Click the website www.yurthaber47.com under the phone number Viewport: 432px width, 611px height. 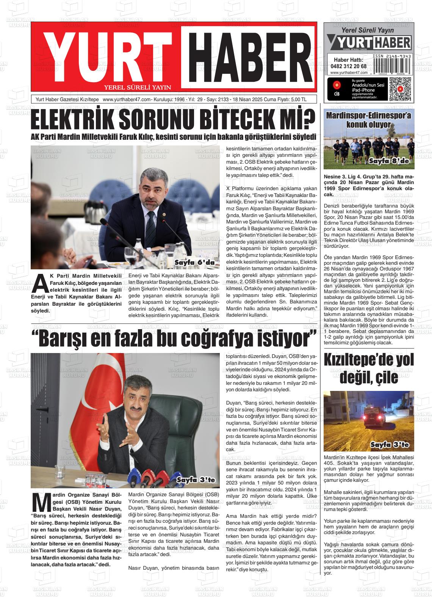pyautogui.click(x=349, y=73)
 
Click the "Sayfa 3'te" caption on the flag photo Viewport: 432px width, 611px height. pyautogui.click(x=196, y=480)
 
